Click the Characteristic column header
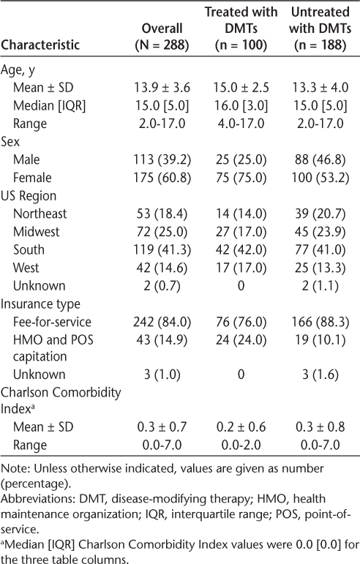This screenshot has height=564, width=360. coord(40,45)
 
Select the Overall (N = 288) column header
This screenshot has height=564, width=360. coord(162,37)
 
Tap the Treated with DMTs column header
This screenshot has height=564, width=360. coord(241,28)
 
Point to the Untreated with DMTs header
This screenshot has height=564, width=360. coord(320,28)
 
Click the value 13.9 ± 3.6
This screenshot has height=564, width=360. coord(162,87)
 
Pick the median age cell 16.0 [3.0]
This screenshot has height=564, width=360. coord(241,105)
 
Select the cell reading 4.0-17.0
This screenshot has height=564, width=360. coord(241,124)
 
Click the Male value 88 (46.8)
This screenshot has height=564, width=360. coord(320,159)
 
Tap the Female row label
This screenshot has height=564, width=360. coord(32,177)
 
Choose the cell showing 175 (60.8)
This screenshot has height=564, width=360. coord(162,177)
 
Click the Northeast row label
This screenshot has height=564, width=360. coord(40,214)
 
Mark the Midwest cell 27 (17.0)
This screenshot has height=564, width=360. coord(241,231)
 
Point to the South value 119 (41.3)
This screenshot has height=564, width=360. coord(162,249)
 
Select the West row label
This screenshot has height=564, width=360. coord(26,267)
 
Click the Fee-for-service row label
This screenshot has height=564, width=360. coord(52,322)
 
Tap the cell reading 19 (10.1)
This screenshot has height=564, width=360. coord(320,339)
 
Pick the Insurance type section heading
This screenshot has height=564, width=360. coord(40,304)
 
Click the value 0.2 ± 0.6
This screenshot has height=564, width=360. coord(241,426)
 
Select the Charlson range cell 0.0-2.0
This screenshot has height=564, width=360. coord(241,445)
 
